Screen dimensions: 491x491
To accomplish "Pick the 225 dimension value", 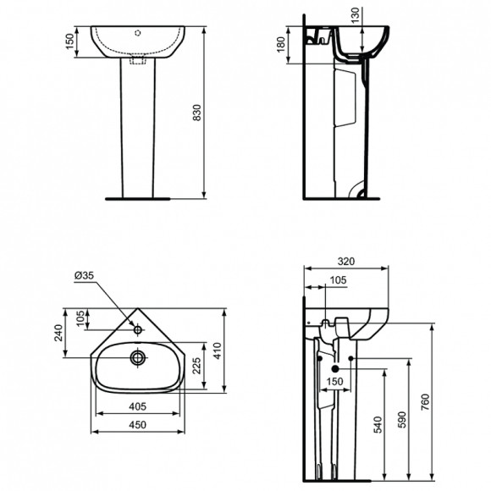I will [x=197, y=365].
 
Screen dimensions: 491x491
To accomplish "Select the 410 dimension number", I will [x=218, y=350].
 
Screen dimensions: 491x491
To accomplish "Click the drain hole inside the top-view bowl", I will [x=136, y=357].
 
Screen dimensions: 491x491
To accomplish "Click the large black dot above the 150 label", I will [x=336, y=369].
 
